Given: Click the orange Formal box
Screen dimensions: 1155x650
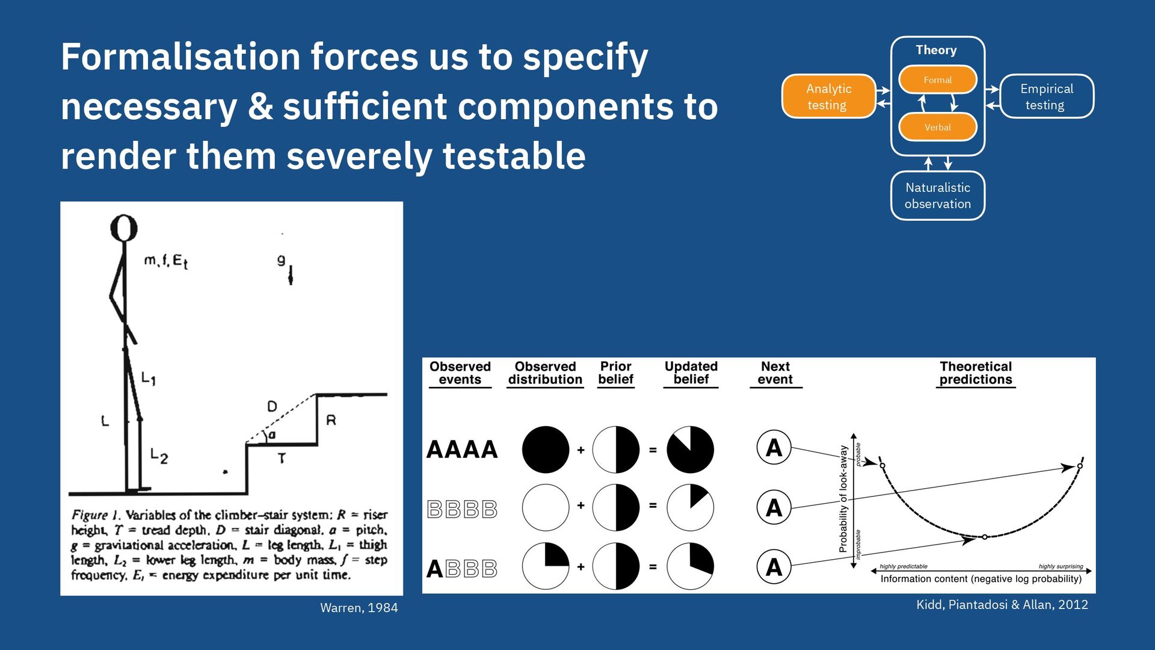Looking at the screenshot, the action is pyautogui.click(x=937, y=79).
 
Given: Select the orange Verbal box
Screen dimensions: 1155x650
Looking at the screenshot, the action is pyautogui.click(x=937, y=127).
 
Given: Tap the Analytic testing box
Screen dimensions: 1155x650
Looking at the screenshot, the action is pyautogui.click(x=828, y=96).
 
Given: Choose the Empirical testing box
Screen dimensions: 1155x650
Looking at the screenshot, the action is pyautogui.click(x=1046, y=96).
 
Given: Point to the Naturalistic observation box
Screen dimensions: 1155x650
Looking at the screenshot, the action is pyautogui.click(x=937, y=196).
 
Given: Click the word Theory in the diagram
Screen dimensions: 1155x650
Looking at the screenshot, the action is pyautogui.click(x=936, y=50).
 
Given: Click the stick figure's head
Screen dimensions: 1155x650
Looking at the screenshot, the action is pyautogui.click(x=124, y=228).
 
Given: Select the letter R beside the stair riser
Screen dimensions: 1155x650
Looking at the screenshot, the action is pyautogui.click(x=331, y=420).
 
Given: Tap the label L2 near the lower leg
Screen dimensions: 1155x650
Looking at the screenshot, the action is pyautogui.click(x=159, y=456).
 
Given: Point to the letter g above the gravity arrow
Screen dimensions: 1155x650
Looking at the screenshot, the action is pyautogui.click(x=281, y=260).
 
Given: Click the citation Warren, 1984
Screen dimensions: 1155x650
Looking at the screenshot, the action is pyautogui.click(x=359, y=608).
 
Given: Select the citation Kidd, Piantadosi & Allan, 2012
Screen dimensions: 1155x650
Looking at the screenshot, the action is pyautogui.click(x=1002, y=605).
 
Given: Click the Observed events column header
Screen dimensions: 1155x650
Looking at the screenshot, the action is pyautogui.click(x=460, y=373).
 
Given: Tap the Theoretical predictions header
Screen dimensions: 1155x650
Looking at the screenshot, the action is pyautogui.click(x=975, y=373).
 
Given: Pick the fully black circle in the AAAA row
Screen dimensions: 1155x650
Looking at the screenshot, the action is pyautogui.click(x=545, y=450).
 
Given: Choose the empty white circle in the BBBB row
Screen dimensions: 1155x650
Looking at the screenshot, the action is pyautogui.click(x=545, y=507).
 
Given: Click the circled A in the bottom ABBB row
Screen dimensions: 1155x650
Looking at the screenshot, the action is pyautogui.click(x=774, y=567).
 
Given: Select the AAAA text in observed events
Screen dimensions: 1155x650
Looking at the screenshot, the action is pyautogui.click(x=462, y=450).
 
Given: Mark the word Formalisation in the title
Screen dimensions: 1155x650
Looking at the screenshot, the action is pyautogui.click(x=180, y=57).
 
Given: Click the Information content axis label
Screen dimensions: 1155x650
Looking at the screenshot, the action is pyautogui.click(x=981, y=579).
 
